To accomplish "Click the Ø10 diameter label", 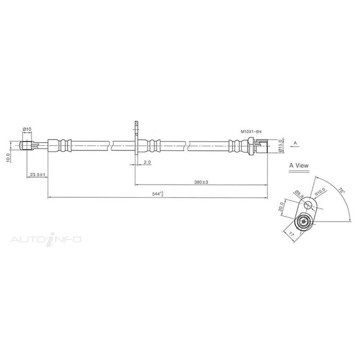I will point(27,129).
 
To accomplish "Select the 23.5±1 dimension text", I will point(37,174).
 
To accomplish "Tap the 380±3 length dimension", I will point(201,182).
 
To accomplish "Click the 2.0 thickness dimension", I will point(147,162).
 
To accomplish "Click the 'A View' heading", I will point(298,165).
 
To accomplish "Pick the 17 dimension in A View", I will point(291,234).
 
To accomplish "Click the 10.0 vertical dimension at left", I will point(9,157).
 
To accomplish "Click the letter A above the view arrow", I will point(295,143).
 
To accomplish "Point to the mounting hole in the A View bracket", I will point(308,205).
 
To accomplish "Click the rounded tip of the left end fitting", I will point(22,145).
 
